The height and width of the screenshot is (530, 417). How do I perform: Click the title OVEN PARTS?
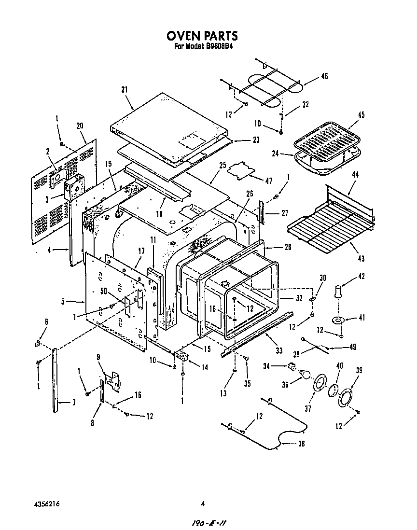tap(202, 36)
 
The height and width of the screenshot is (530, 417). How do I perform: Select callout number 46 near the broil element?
tap(324, 76)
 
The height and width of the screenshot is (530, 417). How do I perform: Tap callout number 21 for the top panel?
tap(125, 89)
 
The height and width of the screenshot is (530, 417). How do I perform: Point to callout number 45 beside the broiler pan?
tap(361, 115)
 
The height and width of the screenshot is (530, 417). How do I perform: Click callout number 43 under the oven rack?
tap(361, 259)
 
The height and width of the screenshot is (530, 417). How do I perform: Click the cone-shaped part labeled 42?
tap(336, 292)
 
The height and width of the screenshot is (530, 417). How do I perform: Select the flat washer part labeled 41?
tap(337, 321)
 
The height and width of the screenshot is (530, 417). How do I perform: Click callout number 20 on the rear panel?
tap(80, 126)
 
